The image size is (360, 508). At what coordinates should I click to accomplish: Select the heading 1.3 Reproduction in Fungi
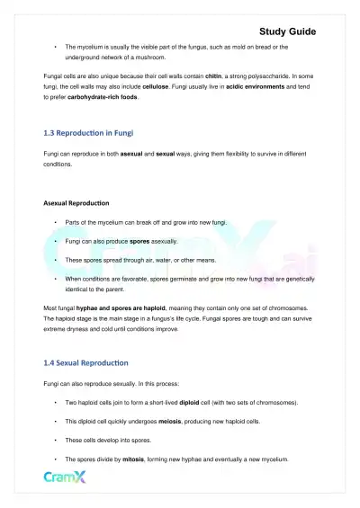[x=89, y=132]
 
